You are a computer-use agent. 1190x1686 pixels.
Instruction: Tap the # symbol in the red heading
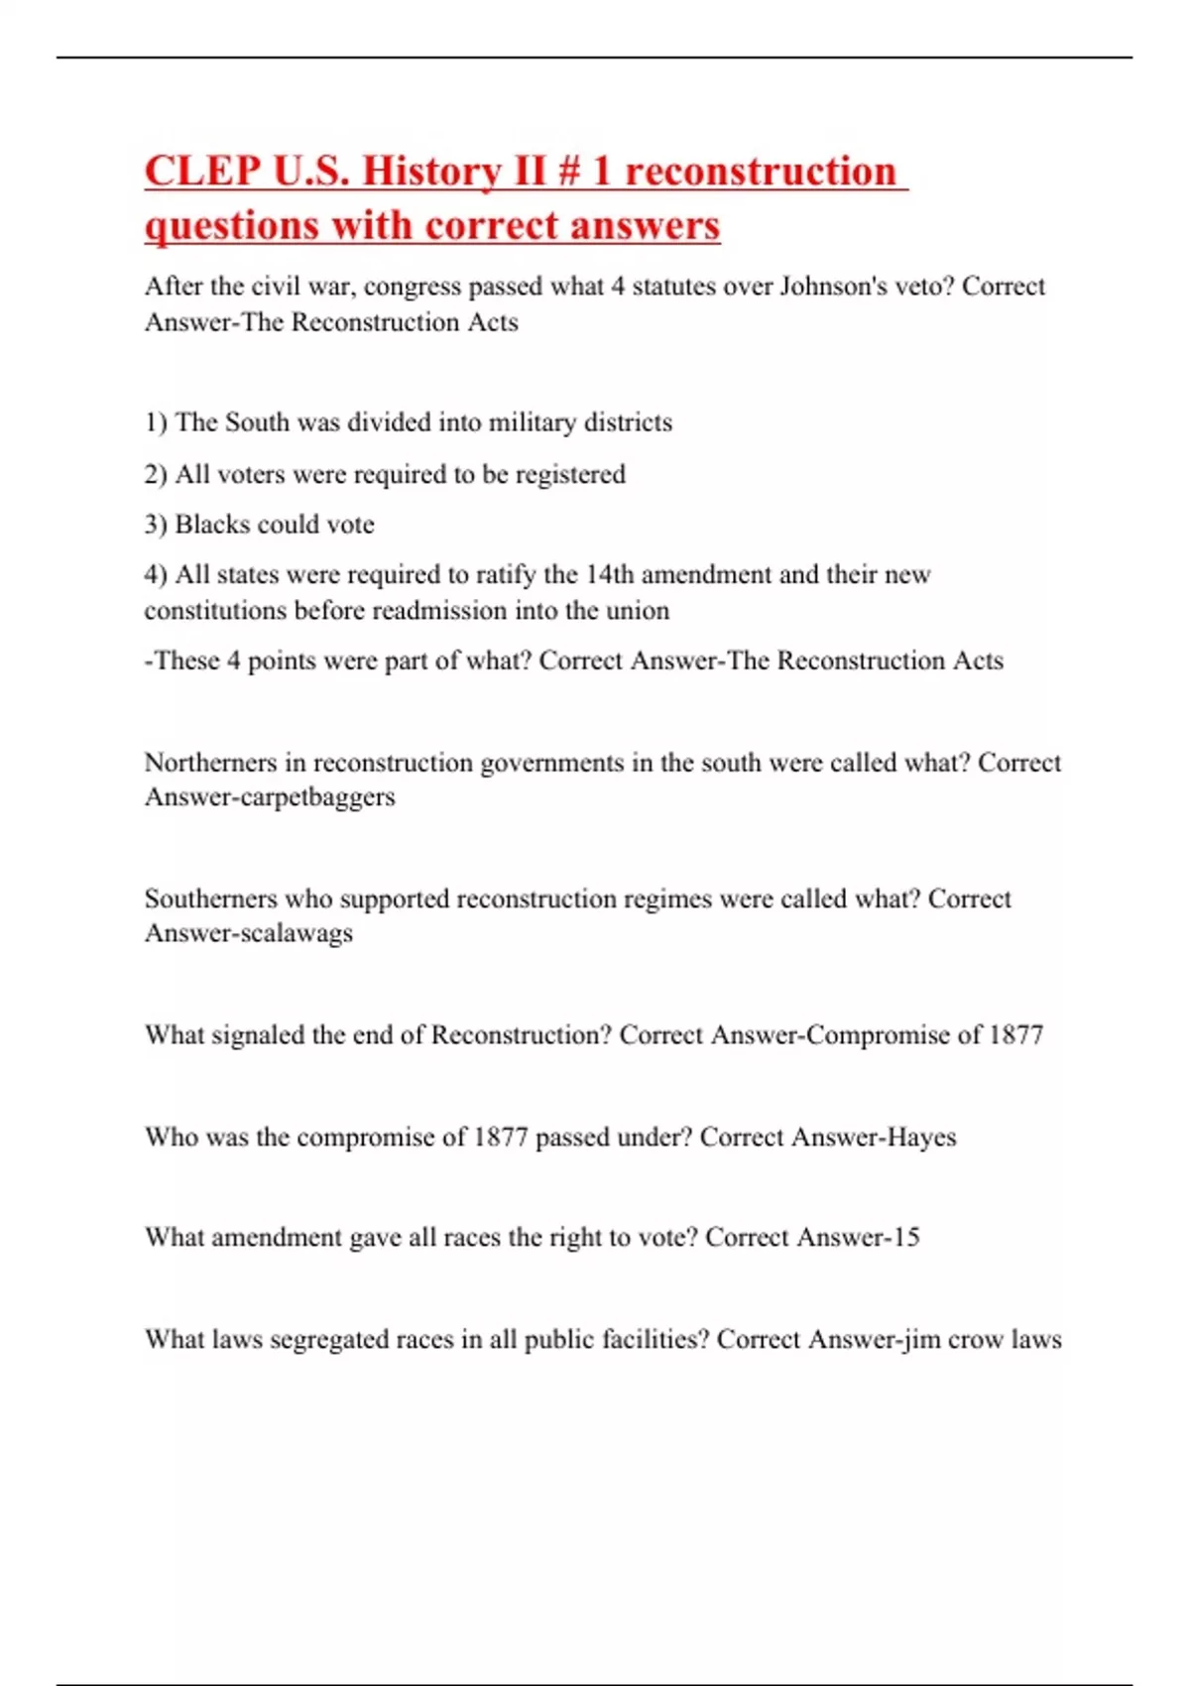click(568, 171)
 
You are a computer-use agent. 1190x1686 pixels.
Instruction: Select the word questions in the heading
click(232, 226)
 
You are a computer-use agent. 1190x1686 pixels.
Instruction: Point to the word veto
click(928, 287)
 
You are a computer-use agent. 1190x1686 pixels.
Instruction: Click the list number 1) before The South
click(156, 422)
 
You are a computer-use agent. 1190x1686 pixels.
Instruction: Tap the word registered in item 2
click(570, 475)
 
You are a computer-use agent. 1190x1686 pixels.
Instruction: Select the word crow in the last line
click(976, 1340)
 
